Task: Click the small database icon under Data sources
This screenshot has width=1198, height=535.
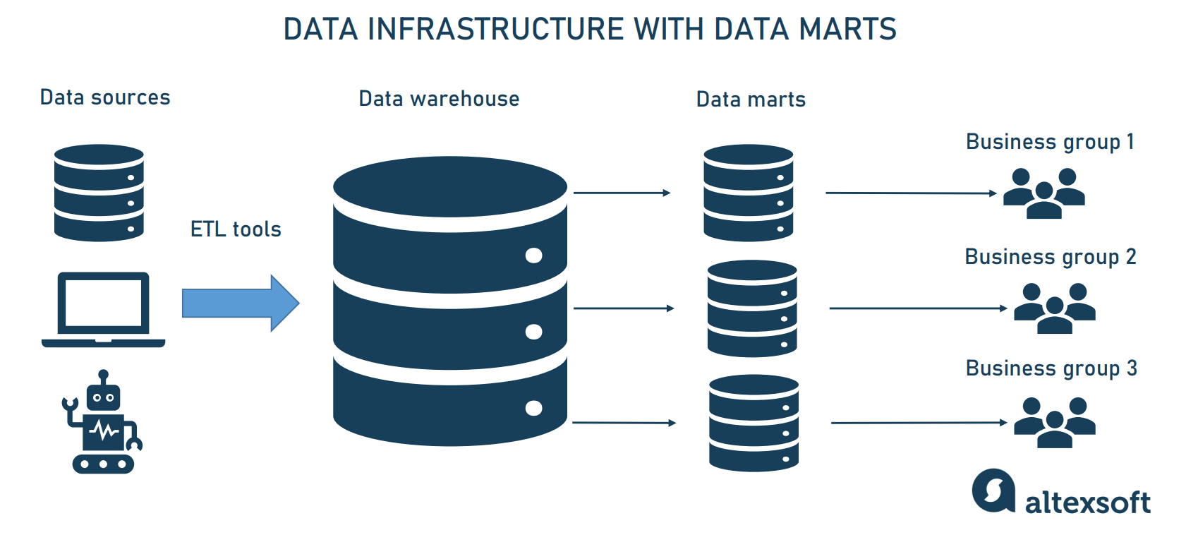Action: pos(99,193)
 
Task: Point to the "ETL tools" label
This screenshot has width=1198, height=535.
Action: pos(236,229)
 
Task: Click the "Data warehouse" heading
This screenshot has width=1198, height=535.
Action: pos(439,99)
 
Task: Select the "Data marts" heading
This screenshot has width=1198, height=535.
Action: pos(751,100)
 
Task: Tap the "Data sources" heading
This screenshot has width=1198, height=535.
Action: pos(105,97)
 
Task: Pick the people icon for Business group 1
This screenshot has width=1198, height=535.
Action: pos(1043,193)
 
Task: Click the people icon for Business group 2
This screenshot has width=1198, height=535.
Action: pos(1054,308)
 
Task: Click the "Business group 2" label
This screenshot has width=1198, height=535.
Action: pos(1050,257)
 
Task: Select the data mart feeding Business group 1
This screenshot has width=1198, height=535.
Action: pos(748,193)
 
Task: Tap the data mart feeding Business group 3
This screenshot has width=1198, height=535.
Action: pos(754,423)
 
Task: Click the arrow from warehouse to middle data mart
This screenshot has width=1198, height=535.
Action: pos(624,308)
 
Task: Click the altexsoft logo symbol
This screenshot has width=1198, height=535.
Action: pos(993,491)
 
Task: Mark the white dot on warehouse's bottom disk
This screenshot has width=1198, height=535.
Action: pos(534,408)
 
